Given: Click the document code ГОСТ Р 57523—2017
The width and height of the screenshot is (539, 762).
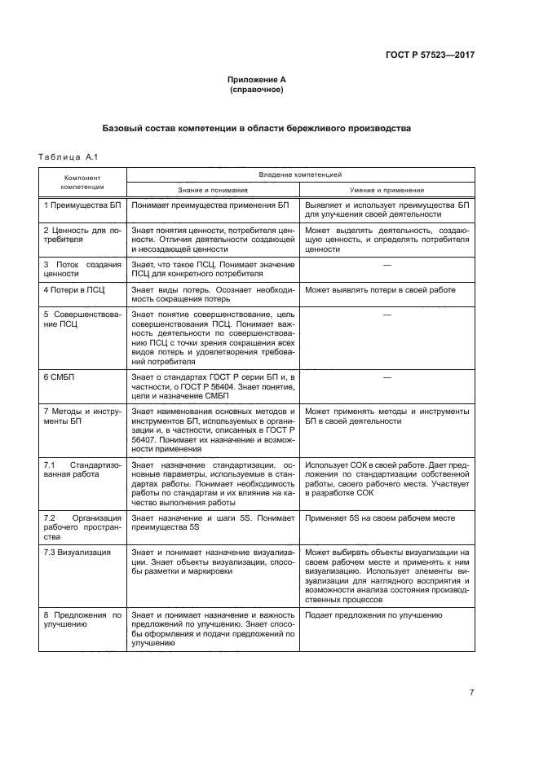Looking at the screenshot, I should (430, 55).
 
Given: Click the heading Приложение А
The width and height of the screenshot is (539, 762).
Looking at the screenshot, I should (257, 80).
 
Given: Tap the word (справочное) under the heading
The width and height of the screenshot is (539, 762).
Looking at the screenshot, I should (257, 90).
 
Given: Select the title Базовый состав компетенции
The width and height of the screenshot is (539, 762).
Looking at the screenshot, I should (257, 129).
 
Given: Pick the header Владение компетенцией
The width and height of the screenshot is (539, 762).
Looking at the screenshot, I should (300, 174).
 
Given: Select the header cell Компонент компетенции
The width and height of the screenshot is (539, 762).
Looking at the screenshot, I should (82, 181).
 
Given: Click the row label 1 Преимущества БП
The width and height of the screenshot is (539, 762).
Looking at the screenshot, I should (82, 205).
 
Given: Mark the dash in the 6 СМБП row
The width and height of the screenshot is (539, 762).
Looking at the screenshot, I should (387, 377).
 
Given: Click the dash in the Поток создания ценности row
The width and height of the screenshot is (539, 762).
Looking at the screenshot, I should (387, 265).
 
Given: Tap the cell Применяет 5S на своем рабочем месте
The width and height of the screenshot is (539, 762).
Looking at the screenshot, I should (381, 518).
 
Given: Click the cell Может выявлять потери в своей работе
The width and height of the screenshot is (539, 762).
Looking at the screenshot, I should (380, 290).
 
